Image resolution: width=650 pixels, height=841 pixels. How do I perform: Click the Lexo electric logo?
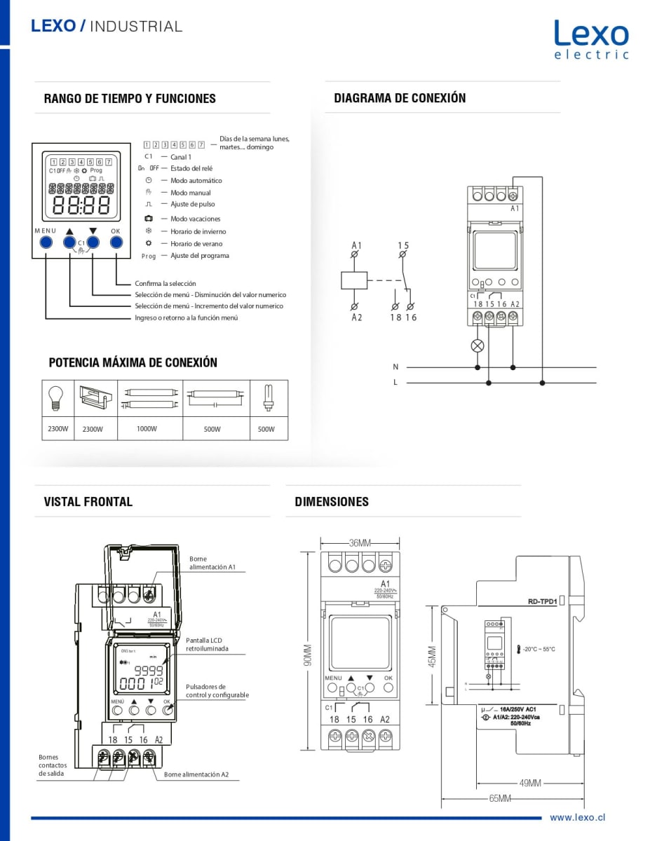(x=591, y=39)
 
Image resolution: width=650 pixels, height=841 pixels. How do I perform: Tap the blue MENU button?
(x=46, y=242)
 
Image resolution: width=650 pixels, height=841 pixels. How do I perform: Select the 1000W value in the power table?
(x=147, y=428)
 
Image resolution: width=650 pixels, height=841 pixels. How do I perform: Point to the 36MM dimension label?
(x=360, y=542)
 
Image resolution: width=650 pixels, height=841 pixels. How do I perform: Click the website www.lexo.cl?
(x=577, y=817)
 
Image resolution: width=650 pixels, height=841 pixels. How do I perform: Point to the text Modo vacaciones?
(x=196, y=219)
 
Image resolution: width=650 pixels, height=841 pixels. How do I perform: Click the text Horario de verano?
(x=196, y=243)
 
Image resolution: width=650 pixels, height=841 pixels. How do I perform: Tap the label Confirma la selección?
(x=165, y=284)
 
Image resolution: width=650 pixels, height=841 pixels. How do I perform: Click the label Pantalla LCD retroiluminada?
(x=207, y=644)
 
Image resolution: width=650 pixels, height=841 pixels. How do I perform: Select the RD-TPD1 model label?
(x=542, y=601)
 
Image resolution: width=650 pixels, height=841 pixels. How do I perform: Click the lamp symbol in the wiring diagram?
(x=478, y=345)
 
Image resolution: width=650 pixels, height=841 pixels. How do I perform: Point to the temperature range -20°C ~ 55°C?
(x=539, y=649)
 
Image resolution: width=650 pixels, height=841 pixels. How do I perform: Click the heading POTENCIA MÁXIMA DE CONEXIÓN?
(x=133, y=362)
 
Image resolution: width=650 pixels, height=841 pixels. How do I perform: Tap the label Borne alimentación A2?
(x=196, y=775)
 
